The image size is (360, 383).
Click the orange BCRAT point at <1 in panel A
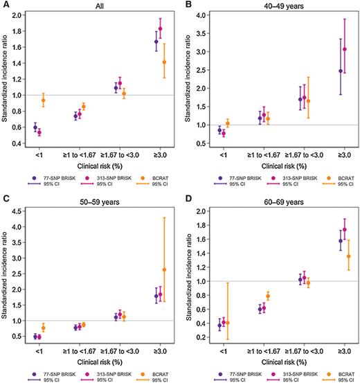click(43, 100)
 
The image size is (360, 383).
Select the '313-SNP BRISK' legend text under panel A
click(111, 178)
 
